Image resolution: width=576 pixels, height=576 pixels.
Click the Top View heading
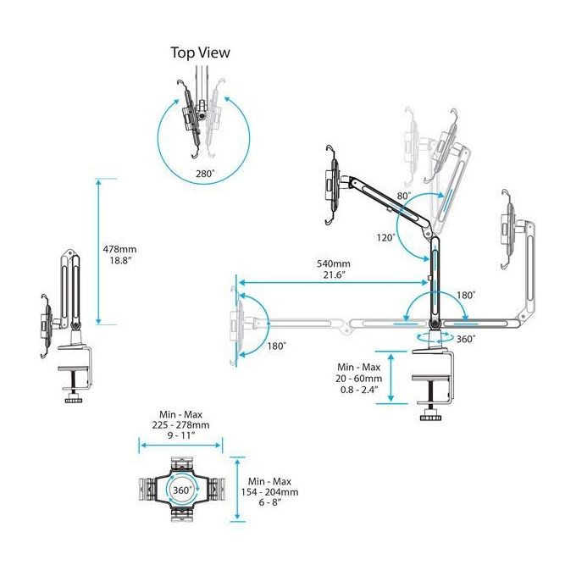201,53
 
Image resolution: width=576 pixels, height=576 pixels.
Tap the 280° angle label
205,174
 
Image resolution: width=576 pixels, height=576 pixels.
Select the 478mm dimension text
119,249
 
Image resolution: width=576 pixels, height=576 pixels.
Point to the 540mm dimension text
334,263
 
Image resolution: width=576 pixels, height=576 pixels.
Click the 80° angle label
404,196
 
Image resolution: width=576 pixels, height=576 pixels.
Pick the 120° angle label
386,238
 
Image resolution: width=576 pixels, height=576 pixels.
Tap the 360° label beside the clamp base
466,339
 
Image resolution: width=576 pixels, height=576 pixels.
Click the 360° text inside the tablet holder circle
183,490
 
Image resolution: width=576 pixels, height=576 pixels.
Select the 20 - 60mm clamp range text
358,379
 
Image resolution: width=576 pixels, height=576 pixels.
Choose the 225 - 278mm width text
180,425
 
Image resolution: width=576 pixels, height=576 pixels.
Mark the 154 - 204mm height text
269,492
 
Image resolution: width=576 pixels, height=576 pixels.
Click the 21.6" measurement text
334,274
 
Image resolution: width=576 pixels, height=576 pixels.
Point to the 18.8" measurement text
120,261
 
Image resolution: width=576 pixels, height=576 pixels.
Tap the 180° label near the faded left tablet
277,346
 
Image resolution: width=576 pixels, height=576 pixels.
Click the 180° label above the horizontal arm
466,296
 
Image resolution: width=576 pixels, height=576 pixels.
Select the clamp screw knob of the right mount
430,418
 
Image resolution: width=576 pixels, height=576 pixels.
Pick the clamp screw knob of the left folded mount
75,400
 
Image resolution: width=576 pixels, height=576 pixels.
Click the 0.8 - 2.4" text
359,390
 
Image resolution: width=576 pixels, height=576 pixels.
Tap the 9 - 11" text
181,435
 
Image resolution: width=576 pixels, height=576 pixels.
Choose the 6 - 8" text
270,502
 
